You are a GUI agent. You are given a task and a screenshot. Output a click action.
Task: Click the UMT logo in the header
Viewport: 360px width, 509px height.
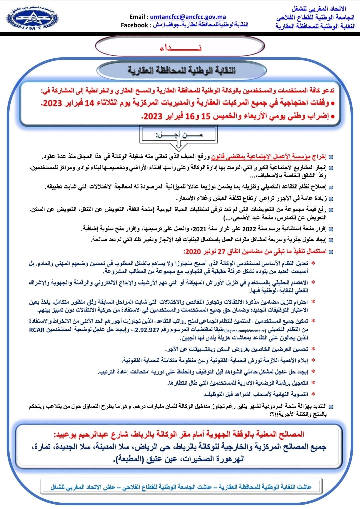(x=32, y=19)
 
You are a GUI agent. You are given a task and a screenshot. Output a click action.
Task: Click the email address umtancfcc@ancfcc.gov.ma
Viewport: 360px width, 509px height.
(x=188, y=17)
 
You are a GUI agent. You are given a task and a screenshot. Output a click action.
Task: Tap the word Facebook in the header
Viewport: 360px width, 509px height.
(x=134, y=25)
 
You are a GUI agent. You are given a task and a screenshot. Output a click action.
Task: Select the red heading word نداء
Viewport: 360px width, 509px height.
(x=180, y=48)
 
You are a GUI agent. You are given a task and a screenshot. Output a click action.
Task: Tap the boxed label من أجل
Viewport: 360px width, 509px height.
(x=179, y=135)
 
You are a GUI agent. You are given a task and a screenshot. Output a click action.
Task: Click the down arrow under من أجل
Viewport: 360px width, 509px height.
(x=179, y=145)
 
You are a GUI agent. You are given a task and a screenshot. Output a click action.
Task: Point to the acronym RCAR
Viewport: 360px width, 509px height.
(x=37, y=330)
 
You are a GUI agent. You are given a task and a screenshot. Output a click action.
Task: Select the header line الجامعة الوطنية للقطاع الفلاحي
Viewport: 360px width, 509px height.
(x=315, y=17)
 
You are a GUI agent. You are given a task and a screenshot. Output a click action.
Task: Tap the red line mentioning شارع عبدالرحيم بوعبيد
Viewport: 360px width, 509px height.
(x=179, y=434)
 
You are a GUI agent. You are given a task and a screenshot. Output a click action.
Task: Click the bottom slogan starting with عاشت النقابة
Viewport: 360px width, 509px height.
(x=181, y=487)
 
